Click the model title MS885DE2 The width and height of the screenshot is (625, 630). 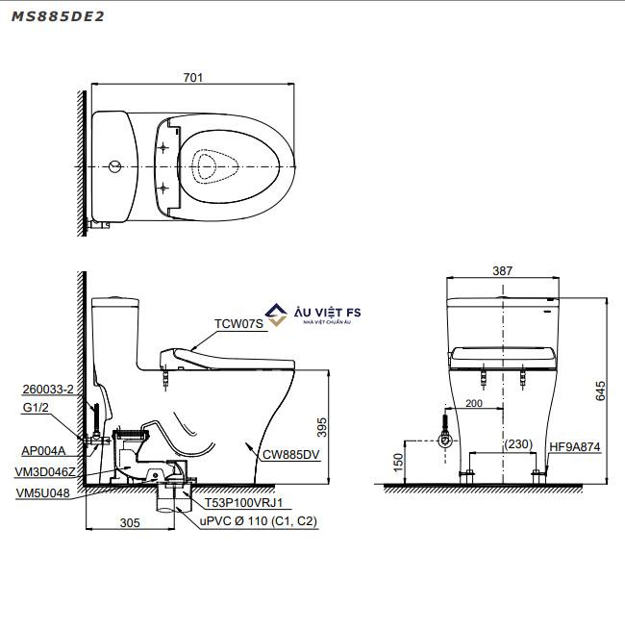coord(58,16)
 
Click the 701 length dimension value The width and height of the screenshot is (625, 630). coord(193,77)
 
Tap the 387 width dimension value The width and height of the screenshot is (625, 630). coord(503,271)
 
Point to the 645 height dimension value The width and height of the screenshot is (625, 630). coord(600,391)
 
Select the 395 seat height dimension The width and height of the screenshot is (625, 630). coord(322,427)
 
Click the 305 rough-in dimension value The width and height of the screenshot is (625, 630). coord(130,522)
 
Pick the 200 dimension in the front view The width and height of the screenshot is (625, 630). coord(474,403)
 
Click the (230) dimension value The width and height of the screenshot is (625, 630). coord(518,444)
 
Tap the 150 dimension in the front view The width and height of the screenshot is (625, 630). coord(398,462)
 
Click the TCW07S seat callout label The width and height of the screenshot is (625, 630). coord(238,323)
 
